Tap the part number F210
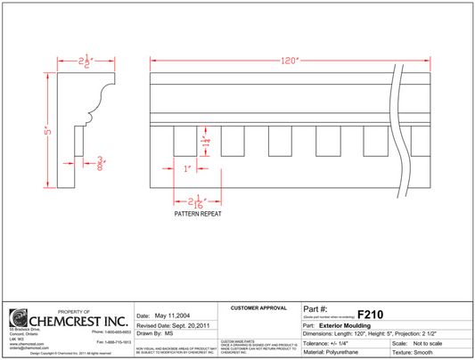point(370,315)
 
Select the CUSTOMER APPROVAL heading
point(258,307)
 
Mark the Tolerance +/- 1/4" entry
point(329,342)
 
